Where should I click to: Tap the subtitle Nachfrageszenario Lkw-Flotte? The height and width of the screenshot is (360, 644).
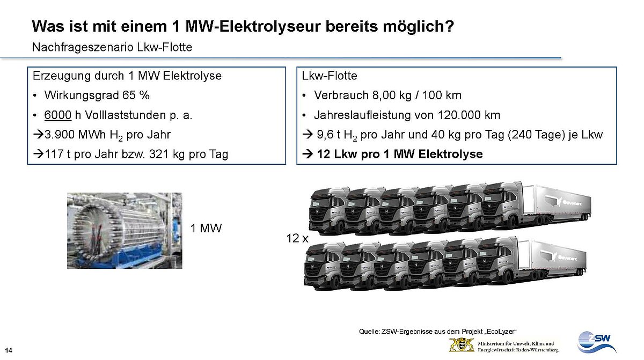(112, 47)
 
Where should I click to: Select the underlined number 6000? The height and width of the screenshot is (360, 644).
(58, 115)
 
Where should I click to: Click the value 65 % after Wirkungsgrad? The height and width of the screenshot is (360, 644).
(136, 95)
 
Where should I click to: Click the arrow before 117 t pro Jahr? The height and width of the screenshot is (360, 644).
(38, 155)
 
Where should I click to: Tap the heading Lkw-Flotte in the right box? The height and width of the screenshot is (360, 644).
(330, 76)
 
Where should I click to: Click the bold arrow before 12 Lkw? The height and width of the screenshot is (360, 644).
(308, 154)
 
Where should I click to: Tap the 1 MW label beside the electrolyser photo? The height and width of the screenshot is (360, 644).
(206, 229)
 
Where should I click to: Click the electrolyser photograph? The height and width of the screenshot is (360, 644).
(125, 230)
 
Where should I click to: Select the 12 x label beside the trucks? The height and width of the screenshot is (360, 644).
(297, 238)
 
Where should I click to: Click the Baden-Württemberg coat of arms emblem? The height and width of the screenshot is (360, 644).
(462, 345)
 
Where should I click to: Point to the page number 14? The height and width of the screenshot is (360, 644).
(9, 350)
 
